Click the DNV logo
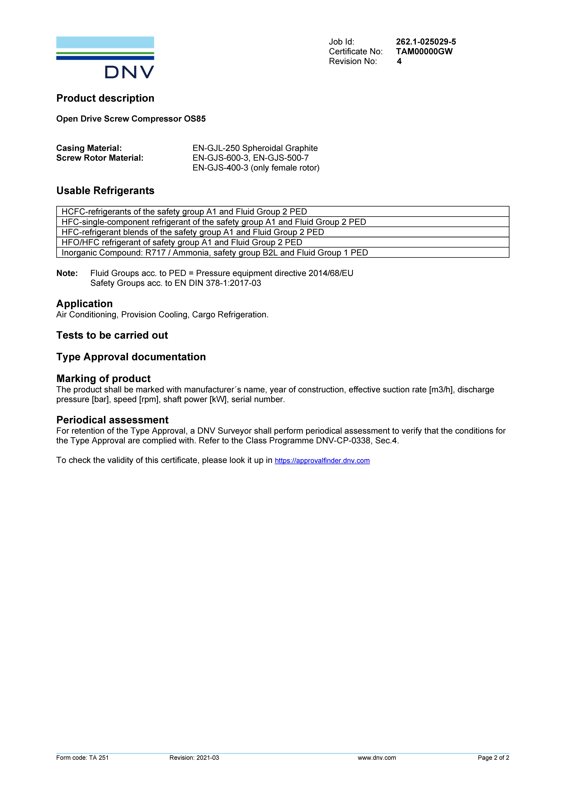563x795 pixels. pos(105,57)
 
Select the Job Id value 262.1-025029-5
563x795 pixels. pos(426,42)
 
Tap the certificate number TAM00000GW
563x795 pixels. pos(424,52)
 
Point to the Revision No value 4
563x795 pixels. pos(399,61)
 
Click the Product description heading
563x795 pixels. pos(105,98)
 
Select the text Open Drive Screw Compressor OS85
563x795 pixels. pos(131,119)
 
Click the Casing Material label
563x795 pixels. pos(89,148)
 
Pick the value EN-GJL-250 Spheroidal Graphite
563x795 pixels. pos(255,148)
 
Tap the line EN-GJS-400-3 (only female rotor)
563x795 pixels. pos(256,168)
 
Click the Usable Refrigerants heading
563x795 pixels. pos(105,191)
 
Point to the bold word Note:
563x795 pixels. pos(67,273)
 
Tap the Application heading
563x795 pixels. pos(84,304)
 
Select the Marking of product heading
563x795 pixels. pos(103,378)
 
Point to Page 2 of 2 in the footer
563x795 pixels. pos(493,758)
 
